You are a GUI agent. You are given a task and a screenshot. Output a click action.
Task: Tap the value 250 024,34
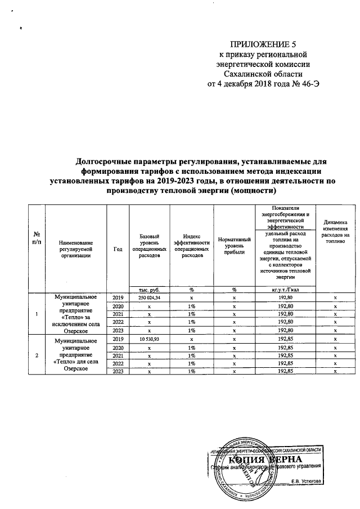tap(150, 297)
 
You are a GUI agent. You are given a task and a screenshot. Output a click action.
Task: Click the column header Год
tap(118, 249)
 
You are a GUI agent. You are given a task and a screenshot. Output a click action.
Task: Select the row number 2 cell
tap(37, 356)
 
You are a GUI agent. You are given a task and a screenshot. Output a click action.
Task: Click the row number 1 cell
tap(37, 314)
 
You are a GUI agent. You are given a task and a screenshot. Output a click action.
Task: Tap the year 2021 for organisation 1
tap(118, 314)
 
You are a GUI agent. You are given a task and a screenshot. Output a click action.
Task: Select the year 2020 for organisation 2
tap(118, 348)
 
